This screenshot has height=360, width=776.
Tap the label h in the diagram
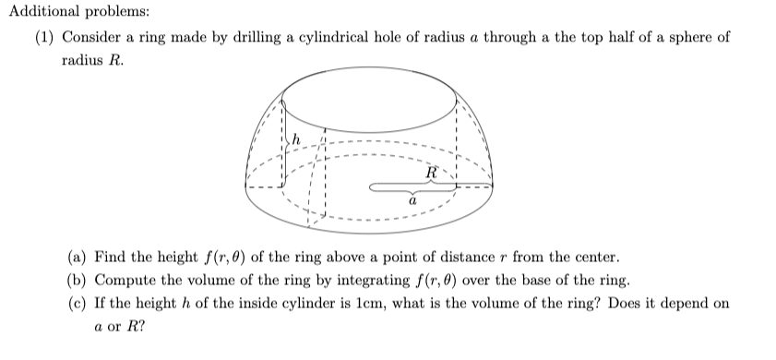tap(295, 139)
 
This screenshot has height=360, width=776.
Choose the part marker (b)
tap(78, 280)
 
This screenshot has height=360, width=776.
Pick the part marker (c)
tap(78, 303)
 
